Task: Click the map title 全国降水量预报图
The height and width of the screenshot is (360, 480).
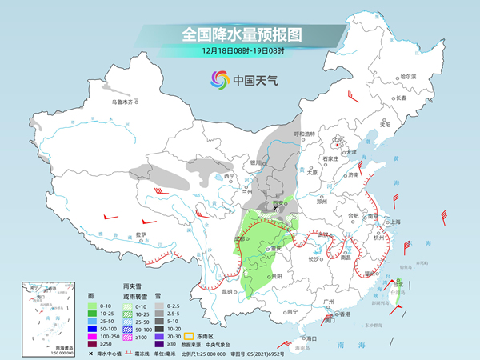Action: click(x=240, y=34)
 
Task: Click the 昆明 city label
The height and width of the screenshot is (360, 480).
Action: click(x=228, y=291)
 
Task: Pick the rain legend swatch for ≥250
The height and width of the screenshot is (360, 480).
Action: click(x=94, y=343)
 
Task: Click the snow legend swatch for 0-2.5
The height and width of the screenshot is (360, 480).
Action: click(x=160, y=306)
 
